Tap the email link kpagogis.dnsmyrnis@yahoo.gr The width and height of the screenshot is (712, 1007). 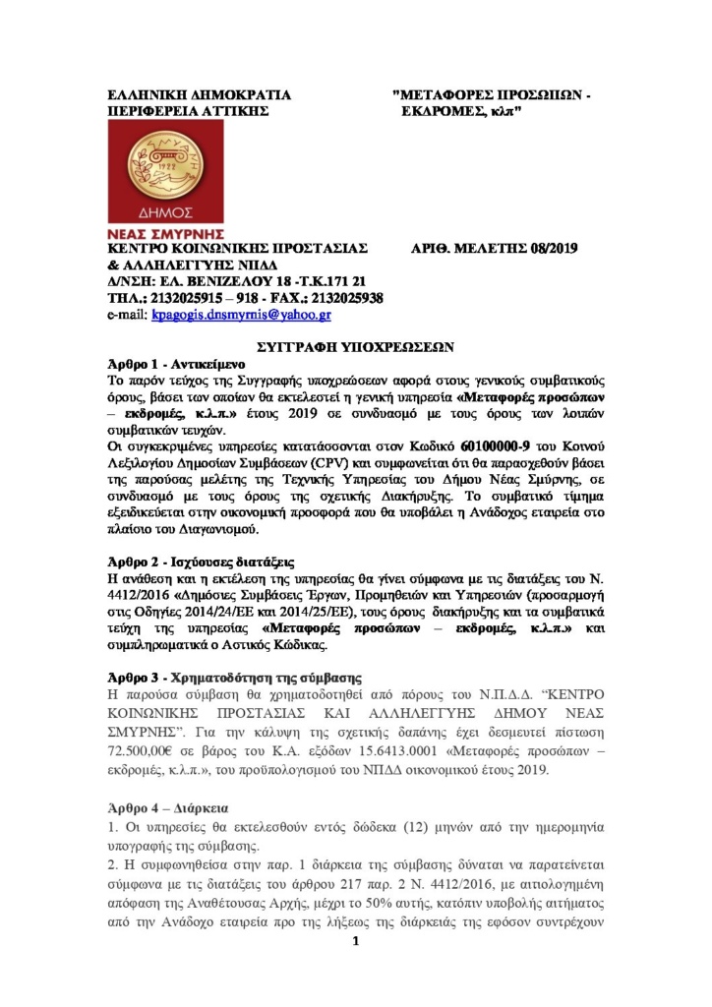click(240, 316)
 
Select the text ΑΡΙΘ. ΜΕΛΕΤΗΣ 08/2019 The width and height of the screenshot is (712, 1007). click(493, 248)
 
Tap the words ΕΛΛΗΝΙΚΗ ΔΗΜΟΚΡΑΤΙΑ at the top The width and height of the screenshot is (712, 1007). click(199, 95)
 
